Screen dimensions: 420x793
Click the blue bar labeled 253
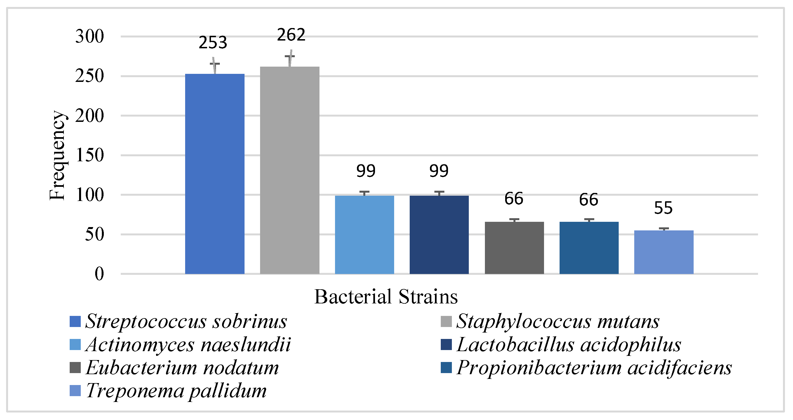point(215,174)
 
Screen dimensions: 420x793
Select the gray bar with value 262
point(290,170)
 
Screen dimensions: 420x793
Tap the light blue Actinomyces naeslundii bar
point(364,235)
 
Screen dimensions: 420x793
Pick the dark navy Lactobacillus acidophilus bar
point(439,235)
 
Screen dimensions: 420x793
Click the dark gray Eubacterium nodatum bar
point(514,248)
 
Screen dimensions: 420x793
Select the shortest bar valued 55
point(664,252)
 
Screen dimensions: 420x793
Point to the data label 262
point(291,35)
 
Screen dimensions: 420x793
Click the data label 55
point(663,208)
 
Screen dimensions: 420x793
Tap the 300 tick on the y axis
point(90,37)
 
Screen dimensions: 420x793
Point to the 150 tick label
point(90,155)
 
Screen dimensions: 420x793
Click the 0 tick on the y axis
point(99,274)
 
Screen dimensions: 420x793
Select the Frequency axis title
point(57,155)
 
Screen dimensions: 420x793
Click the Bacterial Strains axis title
point(386,297)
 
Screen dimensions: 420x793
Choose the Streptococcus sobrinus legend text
point(186,321)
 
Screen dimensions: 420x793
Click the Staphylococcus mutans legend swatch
point(446,321)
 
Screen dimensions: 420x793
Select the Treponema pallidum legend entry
point(176,391)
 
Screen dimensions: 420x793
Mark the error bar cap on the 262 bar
point(290,56)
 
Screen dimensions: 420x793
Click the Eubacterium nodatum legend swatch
point(75,368)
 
